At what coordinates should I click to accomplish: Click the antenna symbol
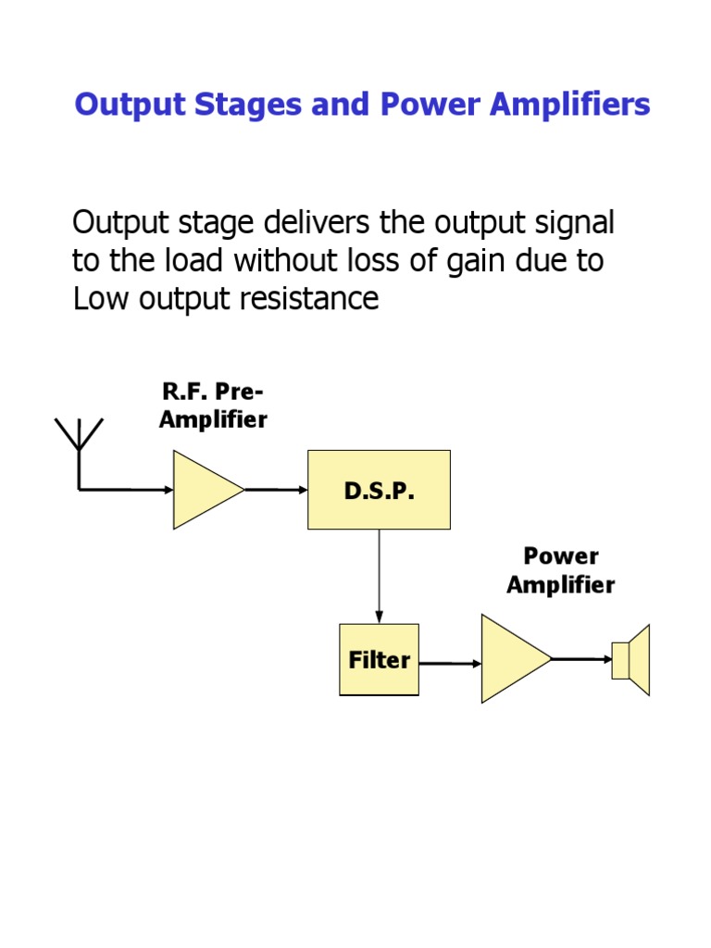pos(80,440)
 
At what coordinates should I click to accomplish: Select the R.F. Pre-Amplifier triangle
pos(204,490)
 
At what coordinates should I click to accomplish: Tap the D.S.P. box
pos(379,490)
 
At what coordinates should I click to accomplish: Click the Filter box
pos(379,660)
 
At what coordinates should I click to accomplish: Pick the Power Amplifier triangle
pos(511,659)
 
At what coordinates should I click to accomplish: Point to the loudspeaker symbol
pos(631,660)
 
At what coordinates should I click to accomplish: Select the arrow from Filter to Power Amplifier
pos(450,663)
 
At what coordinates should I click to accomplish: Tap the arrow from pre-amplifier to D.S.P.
pos(276,490)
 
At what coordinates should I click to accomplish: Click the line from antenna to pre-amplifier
pos(126,490)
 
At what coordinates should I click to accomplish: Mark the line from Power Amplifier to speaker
pos(581,659)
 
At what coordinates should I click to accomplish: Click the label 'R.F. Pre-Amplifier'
pos(213,405)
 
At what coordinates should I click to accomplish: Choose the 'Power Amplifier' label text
pos(560,570)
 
